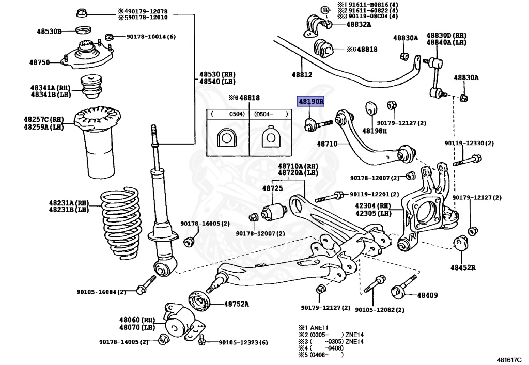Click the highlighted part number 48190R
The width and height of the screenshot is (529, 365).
click(x=310, y=102)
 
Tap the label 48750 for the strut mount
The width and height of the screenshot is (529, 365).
click(x=39, y=62)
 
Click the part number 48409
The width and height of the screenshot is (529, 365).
click(x=427, y=295)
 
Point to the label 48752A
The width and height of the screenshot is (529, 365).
click(x=236, y=304)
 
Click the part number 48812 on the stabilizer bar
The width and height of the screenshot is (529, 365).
click(x=302, y=75)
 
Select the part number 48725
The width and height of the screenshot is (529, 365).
click(x=272, y=188)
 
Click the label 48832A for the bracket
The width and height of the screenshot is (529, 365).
click(x=359, y=24)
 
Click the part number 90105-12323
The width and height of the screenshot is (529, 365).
click(x=243, y=342)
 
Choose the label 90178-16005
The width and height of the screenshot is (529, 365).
click(x=205, y=224)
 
